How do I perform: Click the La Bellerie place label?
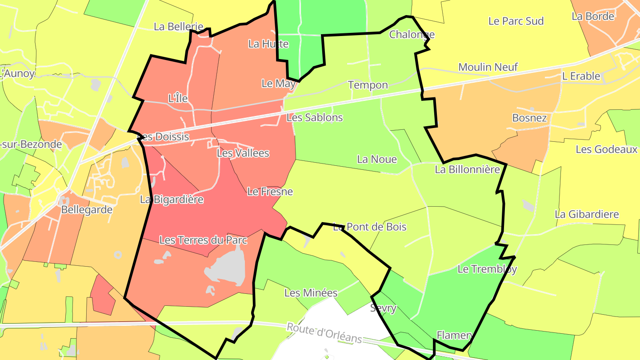tap(178, 27)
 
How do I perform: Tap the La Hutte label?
tap(268, 44)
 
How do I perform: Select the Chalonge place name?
tap(412, 35)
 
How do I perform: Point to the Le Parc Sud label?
tap(516, 21)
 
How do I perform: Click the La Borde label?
tap(593, 16)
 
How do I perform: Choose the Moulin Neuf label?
tap(488, 67)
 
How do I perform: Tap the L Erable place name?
tap(581, 76)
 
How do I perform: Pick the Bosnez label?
tap(529, 118)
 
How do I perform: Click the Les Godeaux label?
tap(606, 149)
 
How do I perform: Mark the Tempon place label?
tap(368, 85)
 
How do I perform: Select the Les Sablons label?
tap(315, 118)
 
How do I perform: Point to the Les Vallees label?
tap(243, 153)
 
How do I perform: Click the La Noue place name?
tap(377, 159)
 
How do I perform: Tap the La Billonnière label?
tap(467, 169)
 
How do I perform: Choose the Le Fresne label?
tap(270, 192)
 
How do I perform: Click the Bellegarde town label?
tap(87, 210)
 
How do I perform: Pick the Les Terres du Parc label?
tap(203, 240)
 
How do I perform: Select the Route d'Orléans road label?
tap(324, 333)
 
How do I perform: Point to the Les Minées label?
tap(311, 293)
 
